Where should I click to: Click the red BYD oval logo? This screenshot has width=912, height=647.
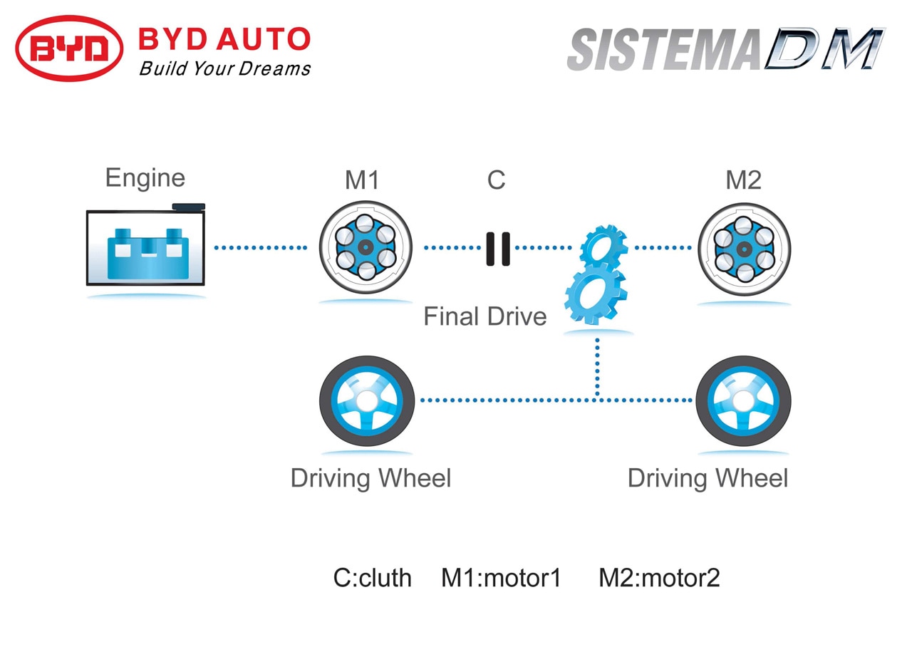tap(69, 48)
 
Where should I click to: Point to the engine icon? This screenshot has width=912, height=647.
tap(146, 244)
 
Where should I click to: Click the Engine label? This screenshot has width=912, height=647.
tap(145, 178)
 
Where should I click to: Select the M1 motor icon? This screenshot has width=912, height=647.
tap(366, 247)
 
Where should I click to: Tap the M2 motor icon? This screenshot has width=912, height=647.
tap(745, 249)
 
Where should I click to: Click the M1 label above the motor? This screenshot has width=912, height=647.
tap(362, 180)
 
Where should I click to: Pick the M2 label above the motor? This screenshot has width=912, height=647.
tap(743, 180)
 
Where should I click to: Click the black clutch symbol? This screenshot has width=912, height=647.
tap(498, 249)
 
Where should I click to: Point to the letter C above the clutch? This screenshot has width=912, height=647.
tap(497, 180)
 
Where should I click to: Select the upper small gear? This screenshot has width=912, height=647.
tap(603, 246)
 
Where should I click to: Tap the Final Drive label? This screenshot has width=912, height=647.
tap(485, 316)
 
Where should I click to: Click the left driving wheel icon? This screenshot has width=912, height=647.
tap(367, 400)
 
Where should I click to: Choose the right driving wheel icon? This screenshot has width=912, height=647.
tap(743, 400)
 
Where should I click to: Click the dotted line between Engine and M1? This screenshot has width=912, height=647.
tap(261, 247)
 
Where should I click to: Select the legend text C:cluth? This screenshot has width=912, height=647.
tap(372, 577)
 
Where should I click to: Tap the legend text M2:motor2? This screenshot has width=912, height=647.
tap(659, 577)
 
